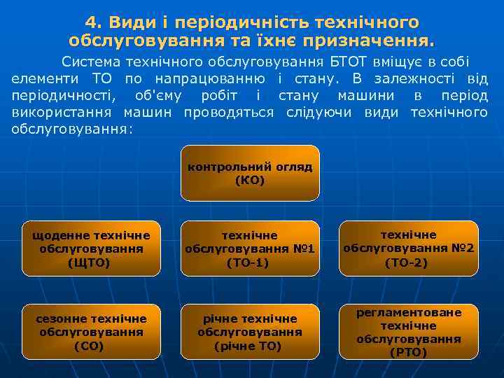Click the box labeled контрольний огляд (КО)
coord(250,173)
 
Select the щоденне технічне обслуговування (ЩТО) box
coord(92,248)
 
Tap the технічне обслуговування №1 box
coord(250,248)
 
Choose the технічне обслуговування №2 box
coord(409,248)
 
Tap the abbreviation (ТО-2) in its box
coord(409,262)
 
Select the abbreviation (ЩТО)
coord(92,262)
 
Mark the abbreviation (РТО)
coord(409,352)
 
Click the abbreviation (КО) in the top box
coord(250,181)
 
